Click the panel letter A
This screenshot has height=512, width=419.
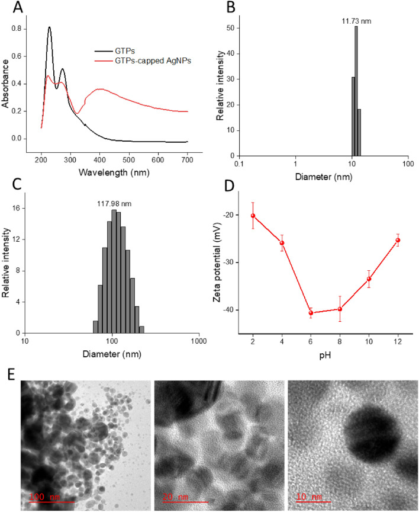click(11, 8)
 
